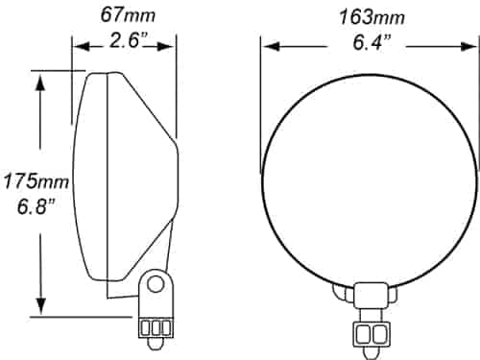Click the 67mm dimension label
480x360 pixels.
(128, 15)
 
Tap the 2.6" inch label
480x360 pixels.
(129, 40)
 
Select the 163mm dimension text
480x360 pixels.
(372, 17)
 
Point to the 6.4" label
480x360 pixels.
(372, 42)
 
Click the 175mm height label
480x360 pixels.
(36, 181)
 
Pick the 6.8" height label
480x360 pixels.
(36, 206)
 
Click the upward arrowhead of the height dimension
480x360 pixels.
(40, 83)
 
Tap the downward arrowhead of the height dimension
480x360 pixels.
(40, 305)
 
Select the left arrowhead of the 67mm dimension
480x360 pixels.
(82, 47)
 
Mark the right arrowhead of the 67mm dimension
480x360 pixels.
(166, 47)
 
